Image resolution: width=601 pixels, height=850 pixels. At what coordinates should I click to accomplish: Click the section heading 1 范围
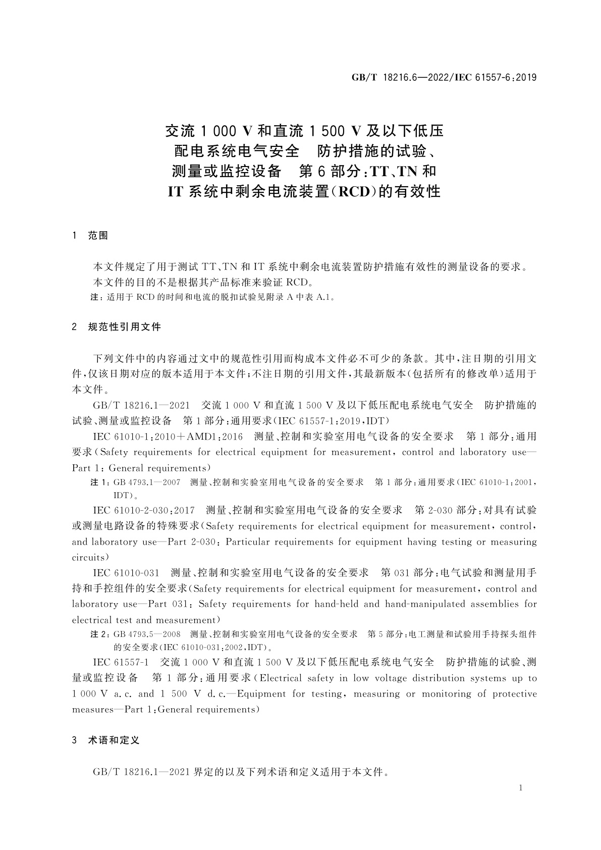click(91, 236)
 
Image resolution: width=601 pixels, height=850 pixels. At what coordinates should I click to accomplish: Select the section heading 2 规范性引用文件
click(117, 327)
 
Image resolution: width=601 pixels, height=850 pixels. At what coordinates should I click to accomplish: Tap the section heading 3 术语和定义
click(106, 740)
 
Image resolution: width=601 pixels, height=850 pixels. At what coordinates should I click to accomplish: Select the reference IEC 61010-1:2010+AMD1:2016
click(168, 437)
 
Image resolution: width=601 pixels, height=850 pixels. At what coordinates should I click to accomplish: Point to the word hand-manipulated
click(452, 604)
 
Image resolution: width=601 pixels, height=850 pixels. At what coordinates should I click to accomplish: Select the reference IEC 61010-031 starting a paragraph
click(127, 573)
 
